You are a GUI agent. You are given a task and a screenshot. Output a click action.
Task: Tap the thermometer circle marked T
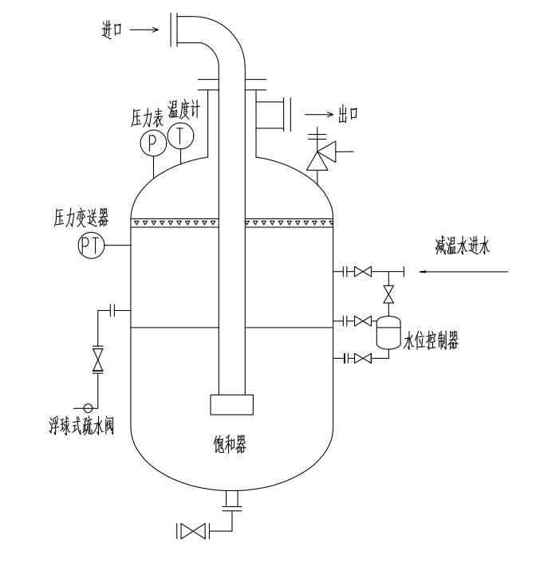tap(181, 137)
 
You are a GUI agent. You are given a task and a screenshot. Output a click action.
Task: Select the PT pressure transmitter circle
tap(92, 246)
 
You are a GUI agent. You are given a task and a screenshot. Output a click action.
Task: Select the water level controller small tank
tap(388, 332)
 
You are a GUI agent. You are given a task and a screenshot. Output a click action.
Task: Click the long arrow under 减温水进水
tap(466, 273)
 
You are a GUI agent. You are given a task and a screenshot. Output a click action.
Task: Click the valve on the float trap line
tap(98, 360)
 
